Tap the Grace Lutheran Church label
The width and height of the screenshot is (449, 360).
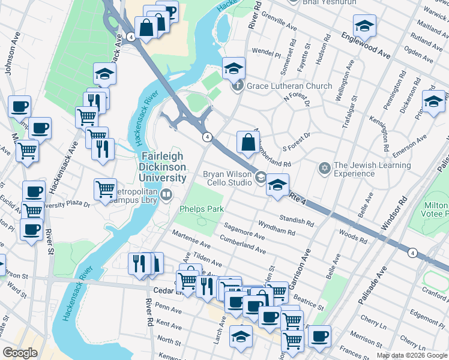click(x=289, y=86)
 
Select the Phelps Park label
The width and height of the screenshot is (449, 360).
click(x=202, y=209)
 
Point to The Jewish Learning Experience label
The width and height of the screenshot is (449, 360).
click(x=372, y=170)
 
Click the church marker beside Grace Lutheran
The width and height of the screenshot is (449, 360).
click(x=238, y=86)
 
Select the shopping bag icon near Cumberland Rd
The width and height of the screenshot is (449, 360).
click(x=248, y=143)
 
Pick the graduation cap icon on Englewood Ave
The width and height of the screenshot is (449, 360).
click(x=364, y=26)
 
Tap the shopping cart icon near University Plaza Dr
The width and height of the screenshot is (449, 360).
click(x=106, y=188)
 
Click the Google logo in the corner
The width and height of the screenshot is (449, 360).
click(x=20, y=353)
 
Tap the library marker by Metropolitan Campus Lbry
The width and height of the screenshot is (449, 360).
click(x=166, y=194)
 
